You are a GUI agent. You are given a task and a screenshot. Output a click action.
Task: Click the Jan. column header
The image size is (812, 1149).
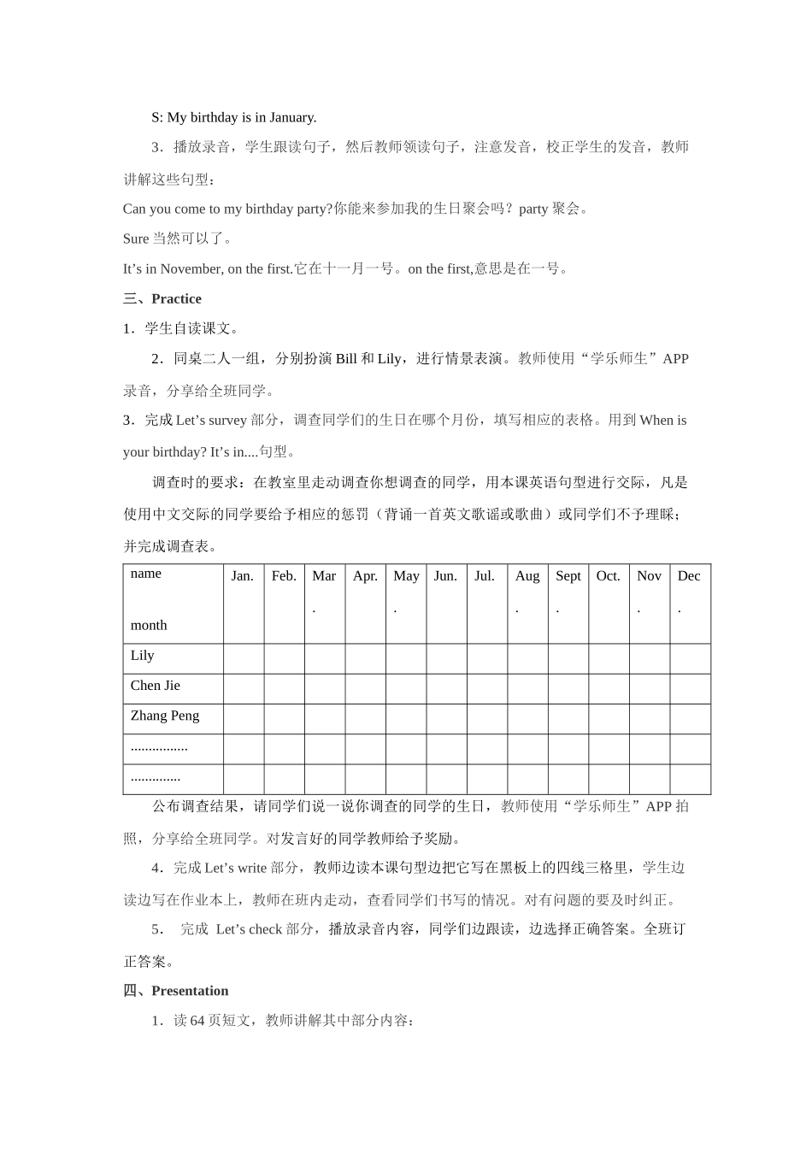point(243,576)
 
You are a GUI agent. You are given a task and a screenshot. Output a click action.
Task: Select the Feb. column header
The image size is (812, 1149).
point(284,576)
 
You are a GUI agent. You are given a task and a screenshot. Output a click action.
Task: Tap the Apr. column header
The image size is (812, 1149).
point(365,576)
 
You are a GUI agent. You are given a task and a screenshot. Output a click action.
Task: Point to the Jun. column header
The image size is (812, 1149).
point(445,576)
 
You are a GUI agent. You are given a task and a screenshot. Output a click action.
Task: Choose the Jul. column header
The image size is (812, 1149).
point(485,576)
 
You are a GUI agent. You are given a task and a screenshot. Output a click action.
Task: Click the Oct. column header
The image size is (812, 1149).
point(609,576)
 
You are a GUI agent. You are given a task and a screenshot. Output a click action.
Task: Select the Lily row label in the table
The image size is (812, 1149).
point(143,656)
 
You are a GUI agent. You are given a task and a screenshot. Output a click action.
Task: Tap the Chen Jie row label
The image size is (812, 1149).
point(156,686)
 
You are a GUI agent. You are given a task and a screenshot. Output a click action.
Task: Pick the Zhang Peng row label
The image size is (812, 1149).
point(165,716)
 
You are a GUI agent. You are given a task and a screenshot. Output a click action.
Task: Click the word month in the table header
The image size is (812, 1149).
point(149,626)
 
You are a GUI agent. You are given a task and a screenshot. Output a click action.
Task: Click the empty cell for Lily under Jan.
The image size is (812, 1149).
point(244,659)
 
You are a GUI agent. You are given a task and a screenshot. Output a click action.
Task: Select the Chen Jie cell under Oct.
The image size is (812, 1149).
point(609,689)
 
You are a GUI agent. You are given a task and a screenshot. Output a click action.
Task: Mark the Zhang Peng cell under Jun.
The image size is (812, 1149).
point(446,719)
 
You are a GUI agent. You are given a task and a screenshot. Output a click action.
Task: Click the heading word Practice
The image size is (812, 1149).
point(176,299)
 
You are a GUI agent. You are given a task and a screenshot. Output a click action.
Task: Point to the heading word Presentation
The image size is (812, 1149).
point(190,991)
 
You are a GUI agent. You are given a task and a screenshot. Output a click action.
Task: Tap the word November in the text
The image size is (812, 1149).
point(190,269)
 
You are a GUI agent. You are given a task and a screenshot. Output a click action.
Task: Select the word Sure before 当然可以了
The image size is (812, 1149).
point(136,239)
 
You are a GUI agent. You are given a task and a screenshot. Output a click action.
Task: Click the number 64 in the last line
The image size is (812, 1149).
point(197,1021)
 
